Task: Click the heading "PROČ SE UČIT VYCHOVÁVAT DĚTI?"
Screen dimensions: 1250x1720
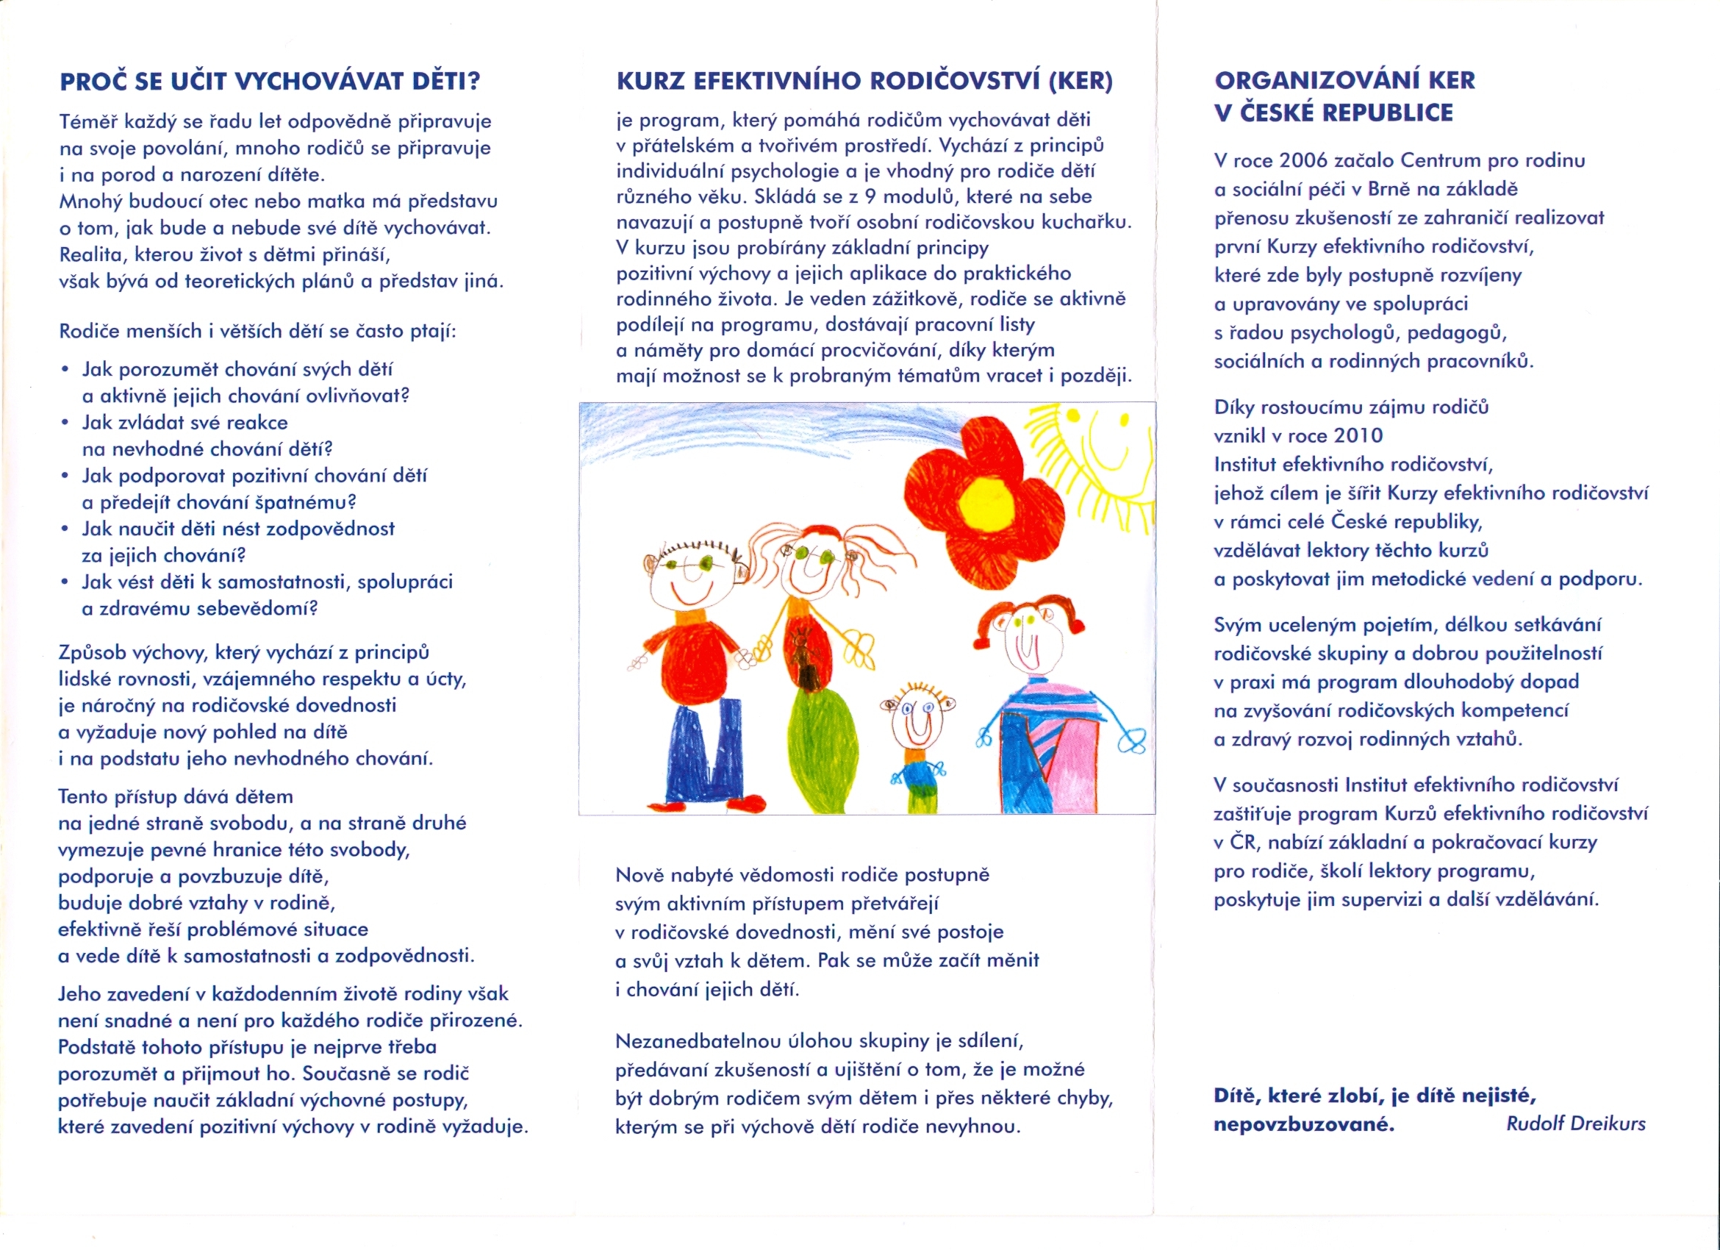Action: tap(269, 81)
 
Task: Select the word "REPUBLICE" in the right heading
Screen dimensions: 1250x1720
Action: tap(1392, 113)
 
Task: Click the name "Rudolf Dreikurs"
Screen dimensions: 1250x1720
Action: tap(1575, 1124)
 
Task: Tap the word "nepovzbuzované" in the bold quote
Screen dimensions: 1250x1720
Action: tap(1304, 1124)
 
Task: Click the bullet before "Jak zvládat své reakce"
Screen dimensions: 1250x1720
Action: tap(66, 423)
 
